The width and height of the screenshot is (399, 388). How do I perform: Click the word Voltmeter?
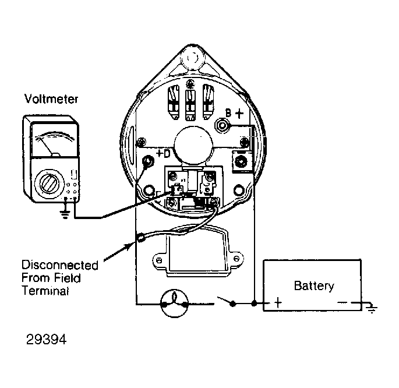coord(51,99)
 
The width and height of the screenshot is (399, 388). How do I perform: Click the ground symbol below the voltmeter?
coord(65,215)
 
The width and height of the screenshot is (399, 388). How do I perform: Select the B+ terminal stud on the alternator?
coord(223,125)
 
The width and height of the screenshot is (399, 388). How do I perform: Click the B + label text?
coord(234,114)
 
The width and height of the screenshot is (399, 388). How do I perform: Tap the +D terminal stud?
coord(148,161)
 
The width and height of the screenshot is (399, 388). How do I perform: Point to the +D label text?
coord(163,153)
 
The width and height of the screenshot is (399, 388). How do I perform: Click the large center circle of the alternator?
coord(193,147)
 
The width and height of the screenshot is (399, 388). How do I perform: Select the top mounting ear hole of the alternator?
coord(192,58)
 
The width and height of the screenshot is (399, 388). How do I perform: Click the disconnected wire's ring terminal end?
coord(141,238)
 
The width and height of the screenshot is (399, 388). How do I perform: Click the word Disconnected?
coord(60,265)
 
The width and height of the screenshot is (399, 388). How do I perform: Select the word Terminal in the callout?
coord(45,290)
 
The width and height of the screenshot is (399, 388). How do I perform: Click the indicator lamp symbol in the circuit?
coord(174,304)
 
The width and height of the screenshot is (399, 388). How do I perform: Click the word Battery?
coord(314,285)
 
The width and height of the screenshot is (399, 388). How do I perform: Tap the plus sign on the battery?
coord(278,303)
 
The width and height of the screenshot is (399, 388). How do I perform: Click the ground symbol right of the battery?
coord(372,308)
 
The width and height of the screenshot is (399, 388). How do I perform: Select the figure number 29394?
coord(47,339)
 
